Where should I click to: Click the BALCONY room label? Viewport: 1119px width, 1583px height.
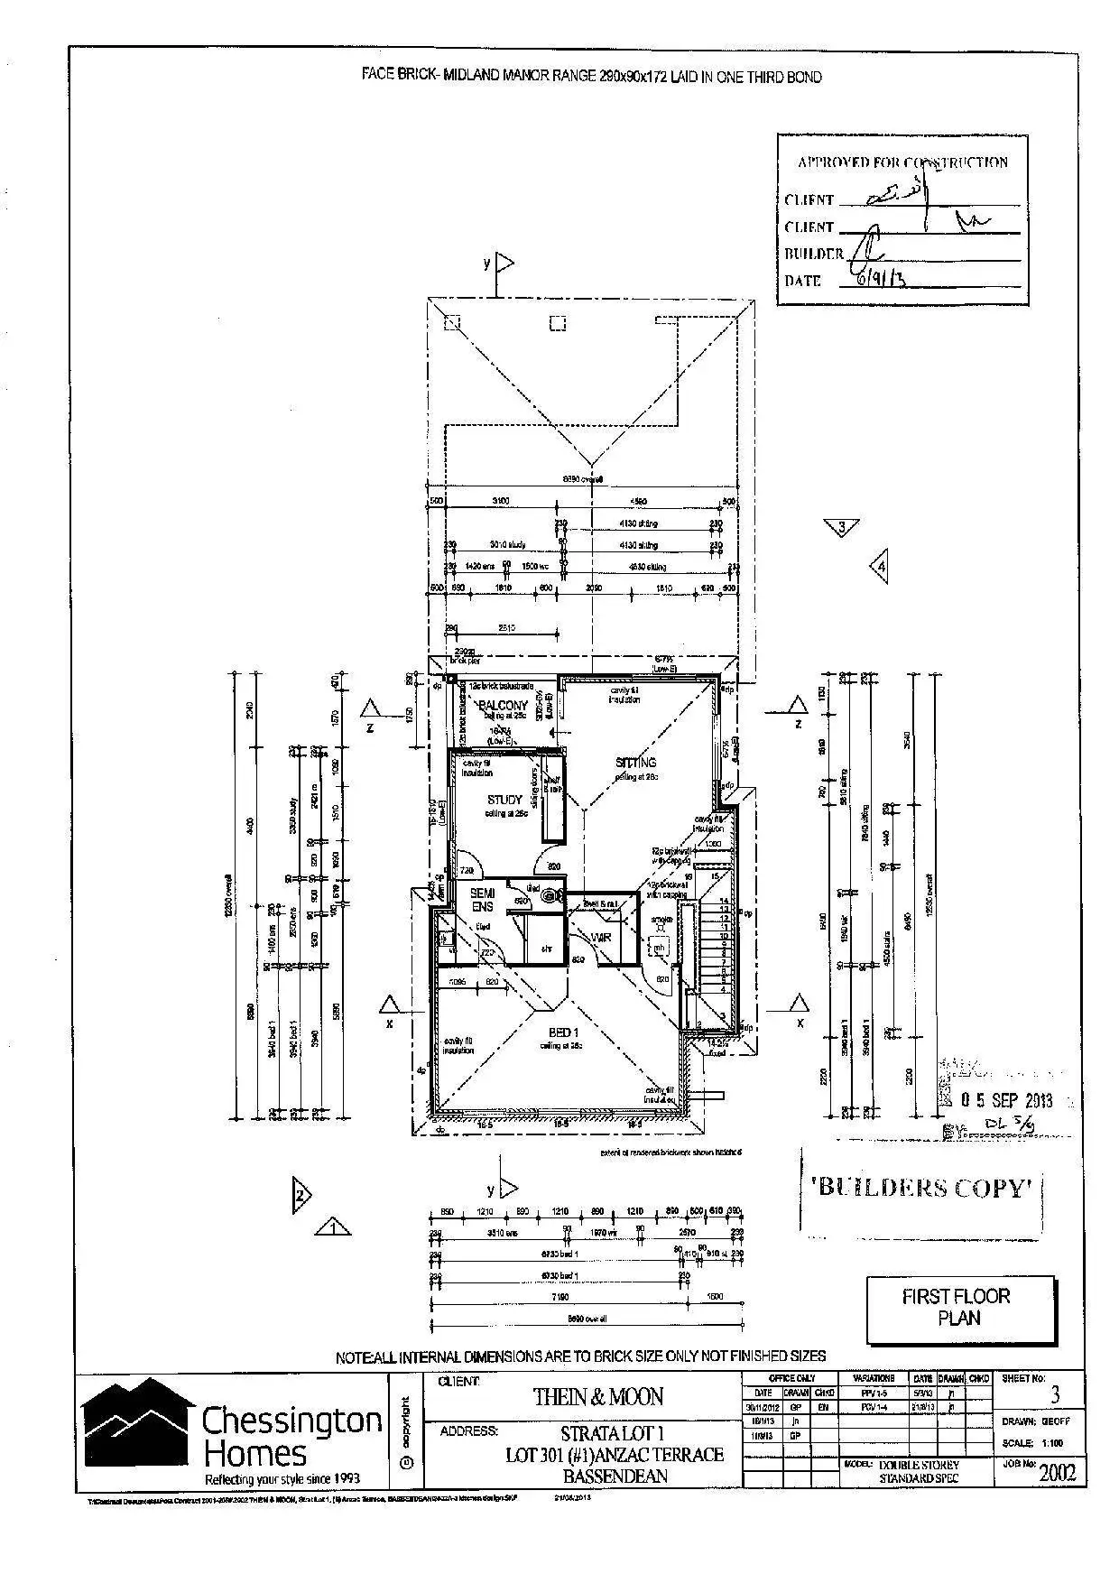pyautogui.click(x=503, y=705)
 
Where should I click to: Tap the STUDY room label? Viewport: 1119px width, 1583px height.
pyautogui.click(x=504, y=800)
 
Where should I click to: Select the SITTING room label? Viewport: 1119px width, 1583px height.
pyautogui.click(x=635, y=763)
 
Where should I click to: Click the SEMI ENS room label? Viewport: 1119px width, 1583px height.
pyautogui.click(x=482, y=900)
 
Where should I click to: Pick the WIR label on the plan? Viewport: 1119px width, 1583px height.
pyautogui.click(x=601, y=938)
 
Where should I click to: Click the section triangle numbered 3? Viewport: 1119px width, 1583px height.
pyautogui.click(x=842, y=526)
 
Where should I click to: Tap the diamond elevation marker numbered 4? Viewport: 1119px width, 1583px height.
pyautogui.click(x=880, y=567)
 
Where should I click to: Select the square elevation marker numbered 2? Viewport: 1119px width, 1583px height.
pyautogui.click(x=301, y=1196)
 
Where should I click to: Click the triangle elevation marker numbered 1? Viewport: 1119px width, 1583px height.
pyautogui.click(x=333, y=1227)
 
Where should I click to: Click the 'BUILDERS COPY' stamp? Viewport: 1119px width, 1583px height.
pyautogui.click(x=922, y=1188)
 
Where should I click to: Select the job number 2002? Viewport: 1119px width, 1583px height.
pyautogui.click(x=1057, y=1473)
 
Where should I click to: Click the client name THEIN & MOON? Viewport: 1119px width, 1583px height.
pyautogui.click(x=597, y=1397)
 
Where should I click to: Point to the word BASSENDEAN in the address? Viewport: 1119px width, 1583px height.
pyautogui.click(x=615, y=1477)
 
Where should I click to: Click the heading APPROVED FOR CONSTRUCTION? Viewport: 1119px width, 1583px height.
pyautogui.click(x=902, y=162)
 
